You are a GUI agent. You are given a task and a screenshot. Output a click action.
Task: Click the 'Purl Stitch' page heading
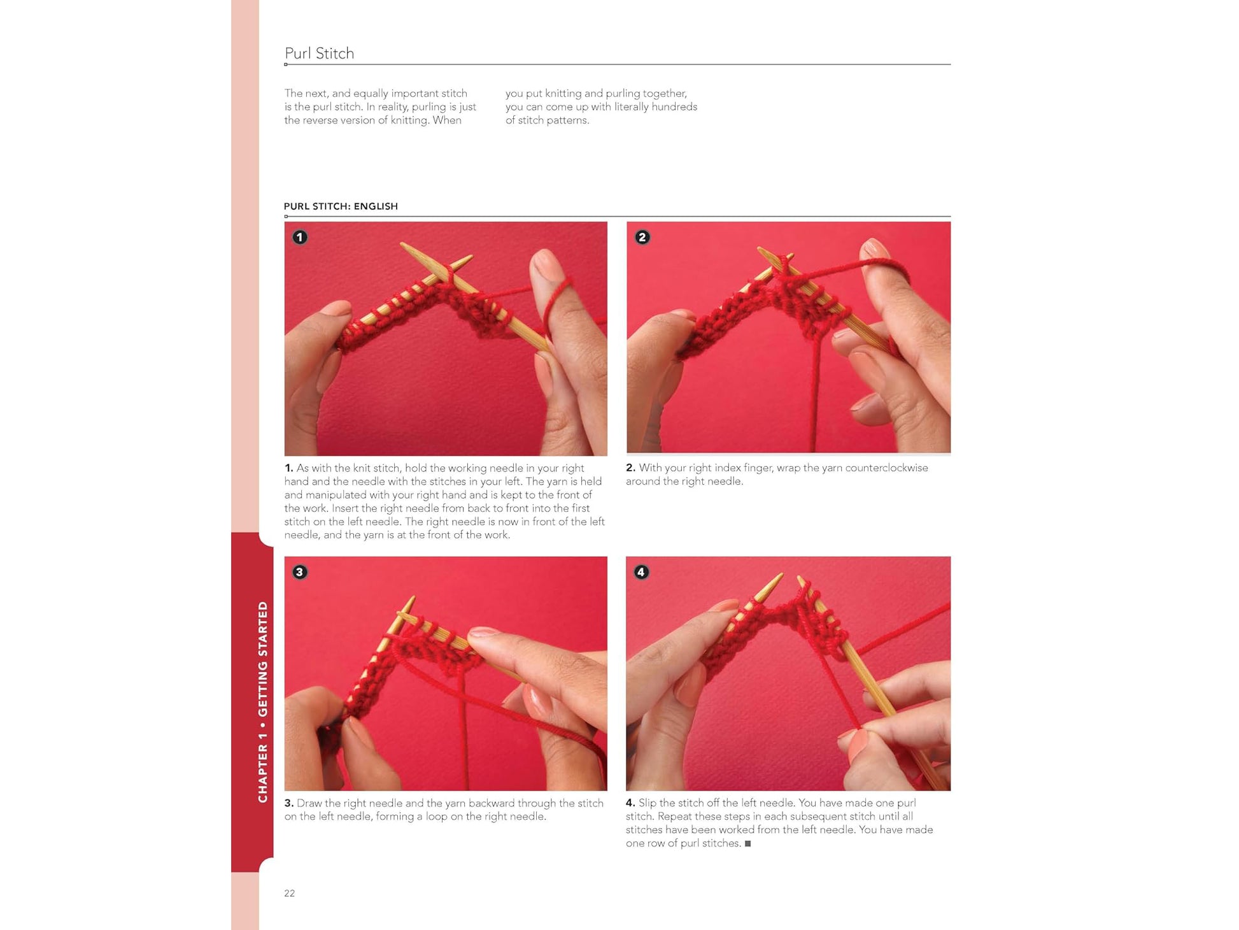tap(319, 54)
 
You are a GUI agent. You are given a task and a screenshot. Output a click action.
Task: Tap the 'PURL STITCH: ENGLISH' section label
tap(341, 206)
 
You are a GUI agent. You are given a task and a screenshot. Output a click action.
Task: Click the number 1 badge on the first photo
tap(300, 238)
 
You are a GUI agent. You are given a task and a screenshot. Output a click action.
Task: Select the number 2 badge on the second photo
tap(642, 238)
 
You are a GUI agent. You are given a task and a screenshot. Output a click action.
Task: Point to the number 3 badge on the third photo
tap(300, 572)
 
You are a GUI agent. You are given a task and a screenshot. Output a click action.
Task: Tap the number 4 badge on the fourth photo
tap(642, 572)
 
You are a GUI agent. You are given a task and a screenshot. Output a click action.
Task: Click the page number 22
tap(290, 893)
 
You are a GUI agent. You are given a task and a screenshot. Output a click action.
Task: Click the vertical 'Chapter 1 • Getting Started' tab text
tap(262, 702)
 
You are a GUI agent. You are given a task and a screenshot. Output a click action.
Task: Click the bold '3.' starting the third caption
tap(289, 803)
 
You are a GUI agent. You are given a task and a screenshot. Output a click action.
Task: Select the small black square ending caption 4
tap(748, 843)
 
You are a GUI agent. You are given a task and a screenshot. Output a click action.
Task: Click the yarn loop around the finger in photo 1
tap(560, 299)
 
